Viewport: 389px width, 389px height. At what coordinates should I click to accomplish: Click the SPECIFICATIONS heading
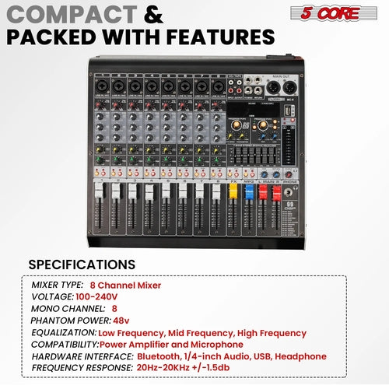pyautogui.click(x=82, y=265)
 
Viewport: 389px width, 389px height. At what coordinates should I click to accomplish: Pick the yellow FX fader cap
pyautogui.click(x=232, y=189)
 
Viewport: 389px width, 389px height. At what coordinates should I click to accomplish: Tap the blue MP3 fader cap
pyautogui.click(x=249, y=189)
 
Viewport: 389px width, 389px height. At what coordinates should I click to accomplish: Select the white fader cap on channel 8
pyautogui.click(x=216, y=190)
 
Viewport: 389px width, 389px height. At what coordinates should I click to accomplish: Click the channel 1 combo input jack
pyautogui.click(x=101, y=83)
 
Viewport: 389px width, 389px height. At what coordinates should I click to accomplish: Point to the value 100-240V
pyautogui.click(x=97, y=296)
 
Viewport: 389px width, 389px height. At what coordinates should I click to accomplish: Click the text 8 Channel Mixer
pyautogui.click(x=125, y=285)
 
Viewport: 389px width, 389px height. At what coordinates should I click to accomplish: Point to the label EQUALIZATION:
pyautogui.click(x=65, y=332)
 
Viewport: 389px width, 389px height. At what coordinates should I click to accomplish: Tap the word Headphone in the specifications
pyautogui.click(x=300, y=356)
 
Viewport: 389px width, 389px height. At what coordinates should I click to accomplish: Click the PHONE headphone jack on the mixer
pyautogui.click(x=289, y=192)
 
